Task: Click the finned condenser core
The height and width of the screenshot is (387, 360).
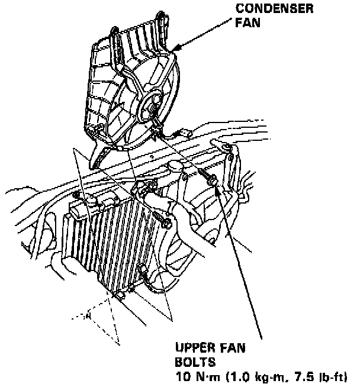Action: [x=118, y=243]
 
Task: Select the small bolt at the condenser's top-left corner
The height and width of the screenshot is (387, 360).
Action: [x=77, y=195]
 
